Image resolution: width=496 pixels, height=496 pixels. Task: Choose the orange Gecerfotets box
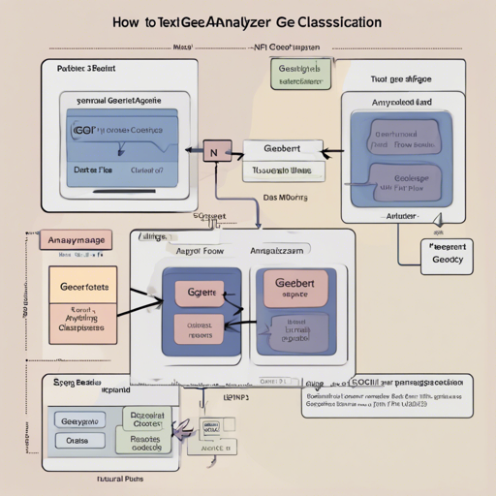point(84,288)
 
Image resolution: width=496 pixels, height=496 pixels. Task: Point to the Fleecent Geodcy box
point(447,254)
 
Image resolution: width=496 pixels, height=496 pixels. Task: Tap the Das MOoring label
point(286,196)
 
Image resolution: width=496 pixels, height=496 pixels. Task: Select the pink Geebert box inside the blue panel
point(295,288)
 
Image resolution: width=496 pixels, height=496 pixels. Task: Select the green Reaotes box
point(145,442)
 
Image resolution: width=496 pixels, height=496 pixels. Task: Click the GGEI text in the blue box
point(85,129)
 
